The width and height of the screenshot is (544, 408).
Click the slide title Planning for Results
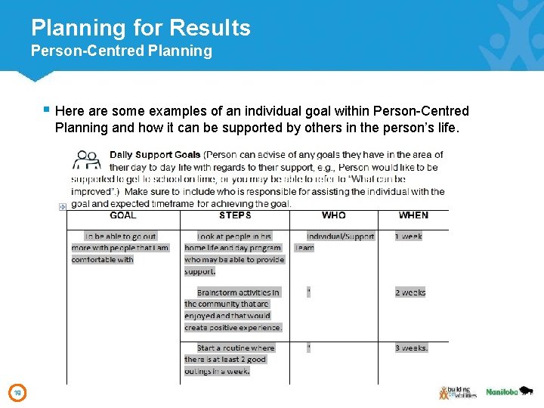click(141, 28)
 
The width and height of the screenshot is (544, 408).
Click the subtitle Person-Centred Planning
click(121, 51)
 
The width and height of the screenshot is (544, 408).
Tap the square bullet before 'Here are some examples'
click(47, 110)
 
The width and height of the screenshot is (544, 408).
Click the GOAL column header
click(123, 215)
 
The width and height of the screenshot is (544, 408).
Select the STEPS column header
click(235, 215)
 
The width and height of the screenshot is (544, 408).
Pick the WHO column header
click(333, 215)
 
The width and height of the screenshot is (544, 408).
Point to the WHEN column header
click(413, 215)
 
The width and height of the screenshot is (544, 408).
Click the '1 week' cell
click(409, 236)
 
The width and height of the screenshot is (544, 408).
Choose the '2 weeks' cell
click(410, 292)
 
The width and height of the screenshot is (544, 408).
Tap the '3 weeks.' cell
click(412, 348)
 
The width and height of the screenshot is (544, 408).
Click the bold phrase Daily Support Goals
click(155, 155)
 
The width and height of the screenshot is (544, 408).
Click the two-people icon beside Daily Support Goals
click(88, 159)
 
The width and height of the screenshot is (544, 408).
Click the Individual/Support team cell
click(337, 242)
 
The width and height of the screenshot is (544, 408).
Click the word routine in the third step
click(234, 348)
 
